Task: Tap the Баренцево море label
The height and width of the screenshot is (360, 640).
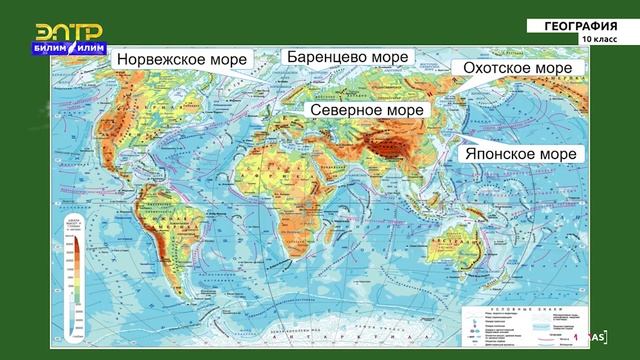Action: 347,57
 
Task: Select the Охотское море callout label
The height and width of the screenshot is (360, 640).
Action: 516,68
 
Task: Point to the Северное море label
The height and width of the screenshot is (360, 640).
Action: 367,109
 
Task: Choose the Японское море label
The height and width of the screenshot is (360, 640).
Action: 518,154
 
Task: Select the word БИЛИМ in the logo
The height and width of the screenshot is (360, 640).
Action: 53,47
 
